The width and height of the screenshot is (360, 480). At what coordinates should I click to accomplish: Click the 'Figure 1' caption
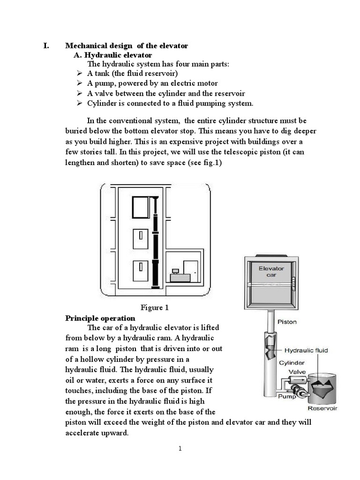click(154, 308)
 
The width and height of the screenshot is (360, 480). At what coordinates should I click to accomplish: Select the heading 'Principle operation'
click(100, 318)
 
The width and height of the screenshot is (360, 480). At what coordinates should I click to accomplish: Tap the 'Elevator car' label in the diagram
click(271, 271)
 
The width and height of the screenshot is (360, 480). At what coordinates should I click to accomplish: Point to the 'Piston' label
click(287, 322)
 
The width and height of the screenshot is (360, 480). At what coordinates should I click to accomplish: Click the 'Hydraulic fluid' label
click(308, 350)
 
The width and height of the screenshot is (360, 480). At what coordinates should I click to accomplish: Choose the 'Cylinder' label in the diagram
click(292, 362)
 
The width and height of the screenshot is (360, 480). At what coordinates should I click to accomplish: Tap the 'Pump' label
click(287, 396)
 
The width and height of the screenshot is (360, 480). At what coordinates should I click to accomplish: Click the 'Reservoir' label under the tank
click(322, 408)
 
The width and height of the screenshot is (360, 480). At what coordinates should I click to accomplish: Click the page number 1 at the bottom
click(180, 449)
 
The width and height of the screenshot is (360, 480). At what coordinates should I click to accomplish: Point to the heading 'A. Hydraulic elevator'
click(113, 55)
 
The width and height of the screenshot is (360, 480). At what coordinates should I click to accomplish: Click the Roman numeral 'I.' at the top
click(46, 45)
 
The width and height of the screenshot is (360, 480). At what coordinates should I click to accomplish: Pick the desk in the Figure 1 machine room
click(183, 277)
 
